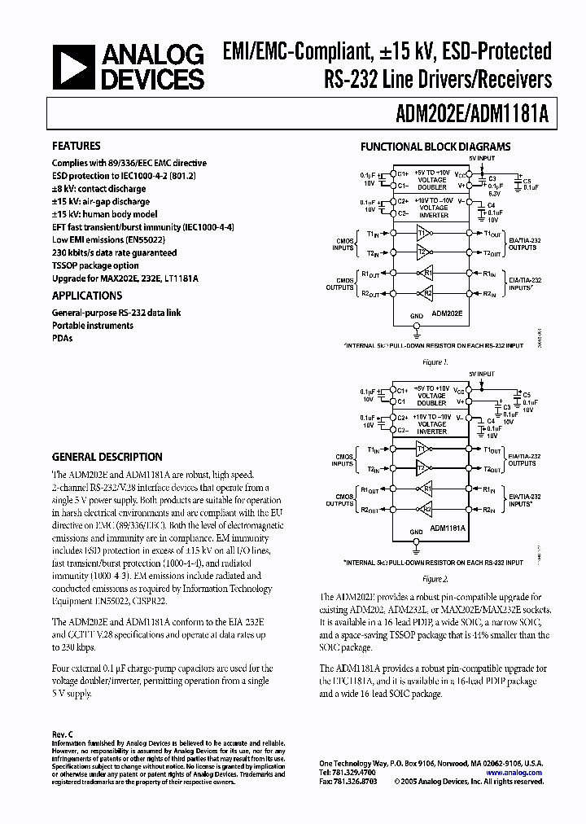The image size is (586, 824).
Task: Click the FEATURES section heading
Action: (77, 147)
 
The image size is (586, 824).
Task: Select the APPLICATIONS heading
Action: (87, 296)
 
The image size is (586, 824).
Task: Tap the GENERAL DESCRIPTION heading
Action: (107, 457)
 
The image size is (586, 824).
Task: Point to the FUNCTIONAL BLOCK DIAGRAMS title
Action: (435, 147)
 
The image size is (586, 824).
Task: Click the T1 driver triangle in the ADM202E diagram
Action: (422, 234)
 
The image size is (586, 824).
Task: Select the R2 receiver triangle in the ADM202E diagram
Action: (427, 293)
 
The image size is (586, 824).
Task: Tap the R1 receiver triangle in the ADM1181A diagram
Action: (426, 490)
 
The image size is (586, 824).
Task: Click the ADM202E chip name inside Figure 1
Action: (447, 313)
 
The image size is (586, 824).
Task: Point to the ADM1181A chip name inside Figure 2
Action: (448, 528)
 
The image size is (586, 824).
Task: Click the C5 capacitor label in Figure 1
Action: (527, 181)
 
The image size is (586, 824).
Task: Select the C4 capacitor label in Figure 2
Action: (490, 420)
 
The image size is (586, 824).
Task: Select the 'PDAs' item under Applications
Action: (63, 339)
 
